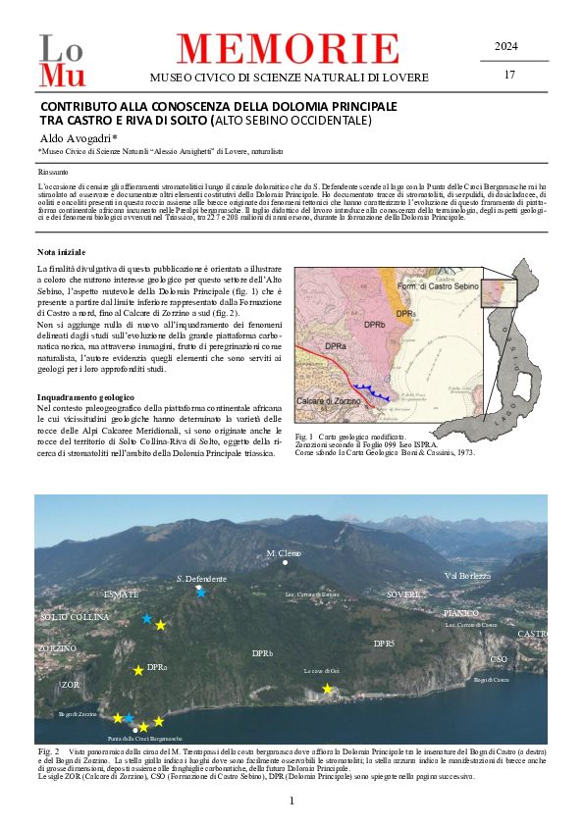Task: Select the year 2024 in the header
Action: (x=506, y=46)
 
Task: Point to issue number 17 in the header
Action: (x=508, y=75)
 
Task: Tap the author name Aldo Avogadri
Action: (x=80, y=138)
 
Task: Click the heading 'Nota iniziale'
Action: (x=60, y=252)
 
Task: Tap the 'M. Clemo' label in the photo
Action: (x=285, y=553)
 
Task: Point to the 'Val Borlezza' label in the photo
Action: (x=467, y=576)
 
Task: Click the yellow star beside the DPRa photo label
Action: (x=138, y=670)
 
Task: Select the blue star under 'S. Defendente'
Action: (x=200, y=592)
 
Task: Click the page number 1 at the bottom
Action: (x=292, y=801)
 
